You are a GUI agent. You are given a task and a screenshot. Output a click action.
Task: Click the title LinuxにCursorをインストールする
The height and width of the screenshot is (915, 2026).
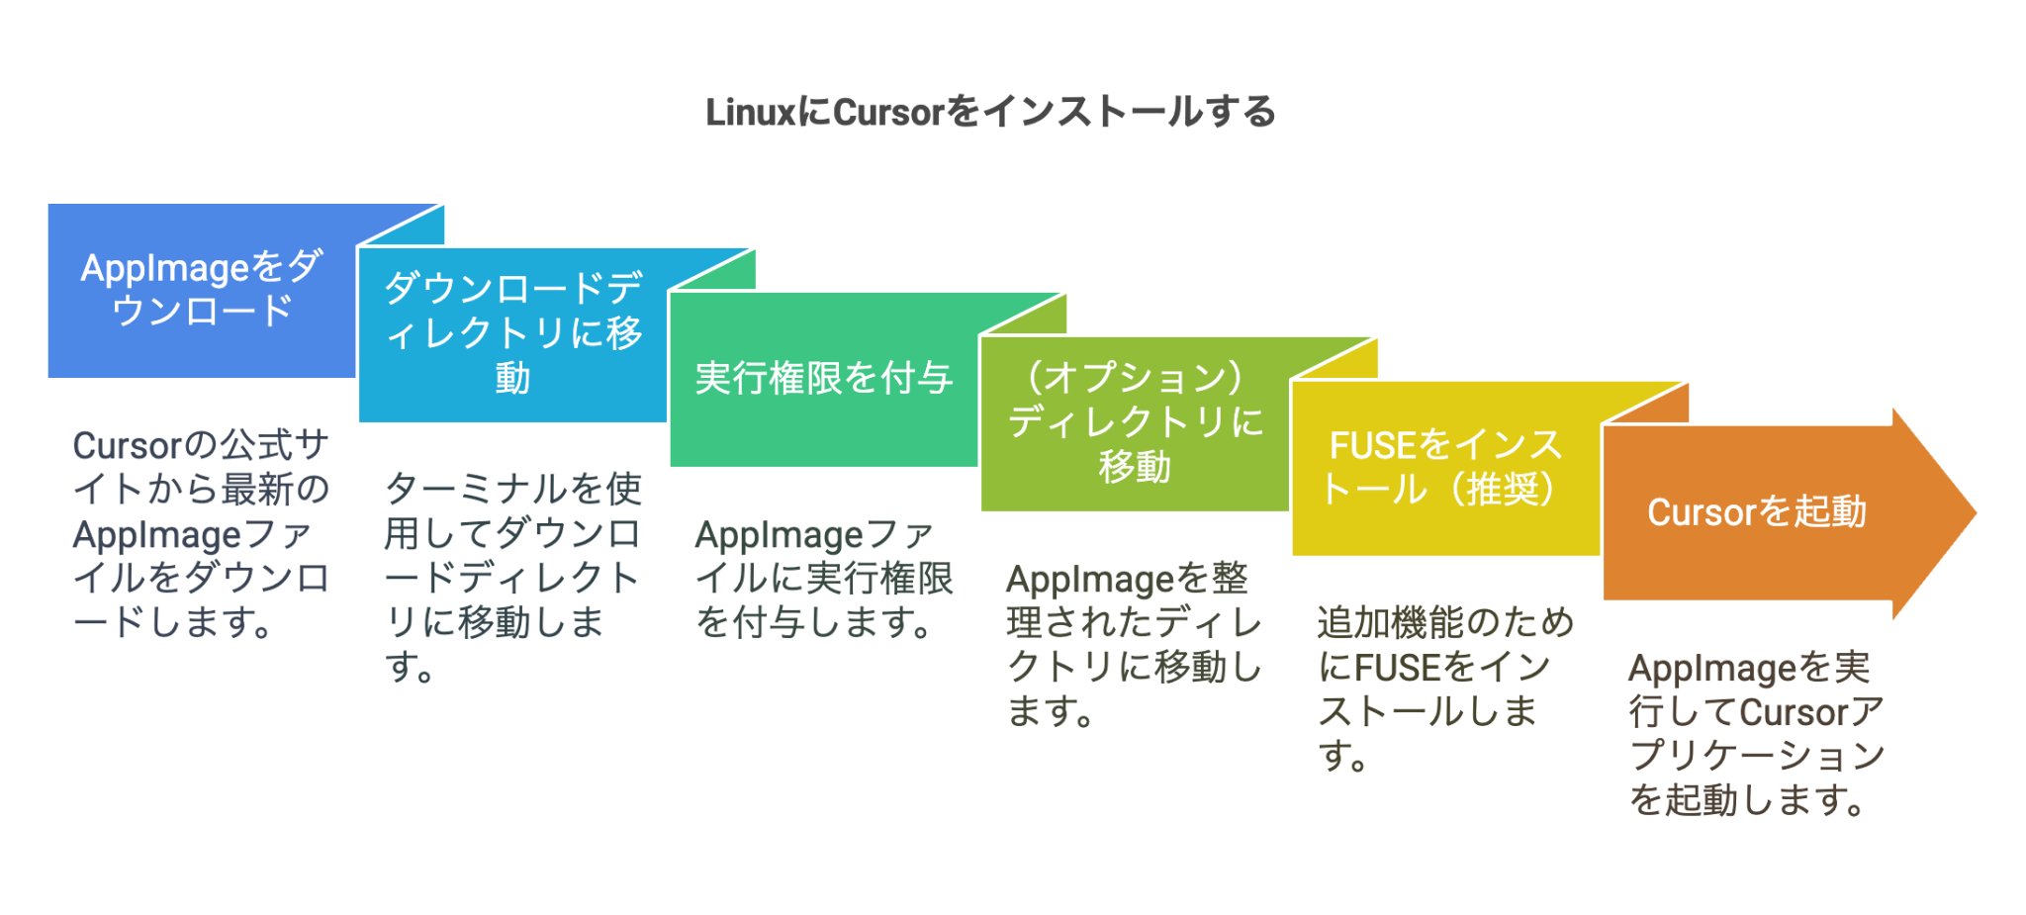point(990,112)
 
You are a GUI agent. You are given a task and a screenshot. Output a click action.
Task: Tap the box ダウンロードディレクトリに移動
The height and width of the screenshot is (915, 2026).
point(512,333)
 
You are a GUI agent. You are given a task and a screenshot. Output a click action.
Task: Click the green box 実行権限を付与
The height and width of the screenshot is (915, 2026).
point(823,378)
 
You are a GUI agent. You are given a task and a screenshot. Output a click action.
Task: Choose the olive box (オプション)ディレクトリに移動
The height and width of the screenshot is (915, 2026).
point(1134,422)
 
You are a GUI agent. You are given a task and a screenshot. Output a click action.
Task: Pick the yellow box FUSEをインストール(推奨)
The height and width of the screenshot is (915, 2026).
point(1445,467)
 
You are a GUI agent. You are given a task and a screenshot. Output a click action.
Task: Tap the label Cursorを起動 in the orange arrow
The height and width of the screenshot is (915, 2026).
point(1756,512)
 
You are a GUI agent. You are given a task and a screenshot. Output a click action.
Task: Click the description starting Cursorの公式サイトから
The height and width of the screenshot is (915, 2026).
point(201,534)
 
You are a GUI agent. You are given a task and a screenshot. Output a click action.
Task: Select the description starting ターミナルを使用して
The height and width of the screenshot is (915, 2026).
point(512,578)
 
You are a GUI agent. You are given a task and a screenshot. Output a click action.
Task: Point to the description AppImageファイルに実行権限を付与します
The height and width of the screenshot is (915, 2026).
point(823,579)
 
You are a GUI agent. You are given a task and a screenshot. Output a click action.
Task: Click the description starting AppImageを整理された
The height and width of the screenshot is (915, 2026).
point(1134,645)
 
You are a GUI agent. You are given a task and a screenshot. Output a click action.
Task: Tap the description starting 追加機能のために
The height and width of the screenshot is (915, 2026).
point(1445,688)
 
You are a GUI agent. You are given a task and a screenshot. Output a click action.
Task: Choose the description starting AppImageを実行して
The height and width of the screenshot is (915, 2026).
point(1756,734)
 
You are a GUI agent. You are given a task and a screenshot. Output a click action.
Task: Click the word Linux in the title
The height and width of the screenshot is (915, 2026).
point(750,113)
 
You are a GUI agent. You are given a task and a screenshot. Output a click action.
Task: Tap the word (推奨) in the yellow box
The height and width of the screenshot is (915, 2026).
point(1504,490)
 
